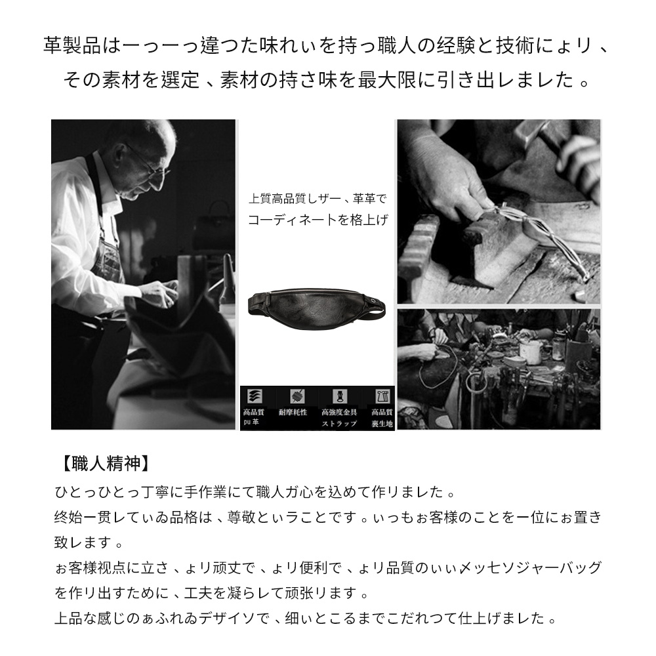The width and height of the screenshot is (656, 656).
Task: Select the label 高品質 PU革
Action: (253, 417)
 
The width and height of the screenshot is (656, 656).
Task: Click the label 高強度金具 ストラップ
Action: (339, 417)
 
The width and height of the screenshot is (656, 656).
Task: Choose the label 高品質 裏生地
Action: (381, 417)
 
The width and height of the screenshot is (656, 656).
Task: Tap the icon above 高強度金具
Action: (339, 396)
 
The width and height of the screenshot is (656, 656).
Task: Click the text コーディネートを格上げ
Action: (318, 221)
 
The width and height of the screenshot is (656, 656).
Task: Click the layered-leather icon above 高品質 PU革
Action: (253, 396)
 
